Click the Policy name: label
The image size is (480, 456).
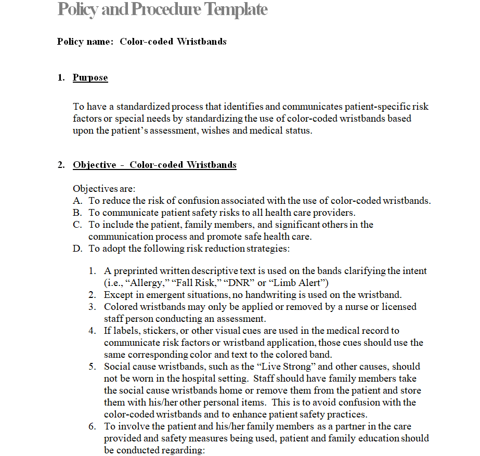click(85, 42)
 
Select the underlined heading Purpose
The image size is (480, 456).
click(90, 78)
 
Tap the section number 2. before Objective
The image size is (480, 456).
click(61, 165)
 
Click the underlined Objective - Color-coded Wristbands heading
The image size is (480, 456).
click(154, 165)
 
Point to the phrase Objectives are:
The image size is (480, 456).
click(104, 189)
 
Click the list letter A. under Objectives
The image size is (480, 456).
click(77, 201)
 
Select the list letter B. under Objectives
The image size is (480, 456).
click(77, 213)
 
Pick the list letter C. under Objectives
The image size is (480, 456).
click(77, 225)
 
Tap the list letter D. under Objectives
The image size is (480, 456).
click(77, 249)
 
